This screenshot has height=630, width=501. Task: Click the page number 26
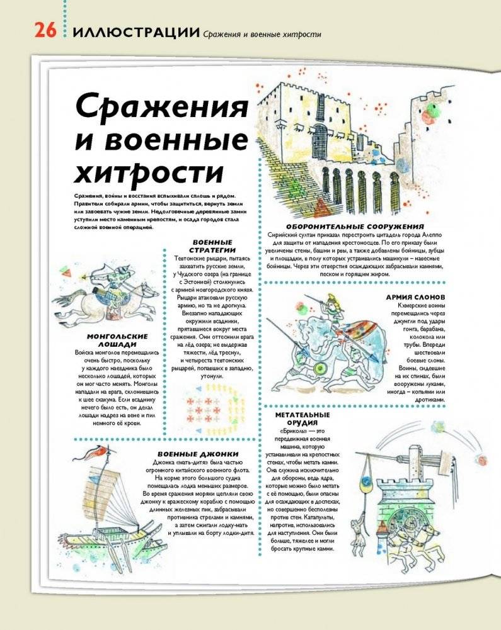(x=43, y=32)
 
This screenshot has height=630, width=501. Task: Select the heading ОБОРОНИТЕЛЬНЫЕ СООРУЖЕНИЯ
(x=354, y=226)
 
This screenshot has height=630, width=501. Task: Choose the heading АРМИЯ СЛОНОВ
(x=415, y=296)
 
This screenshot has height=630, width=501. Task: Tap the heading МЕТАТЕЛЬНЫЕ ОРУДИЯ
(x=302, y=419)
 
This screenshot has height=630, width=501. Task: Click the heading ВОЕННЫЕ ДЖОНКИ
(x=199, y=454)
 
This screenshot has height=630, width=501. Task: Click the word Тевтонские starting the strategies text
(x=193, y=259)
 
